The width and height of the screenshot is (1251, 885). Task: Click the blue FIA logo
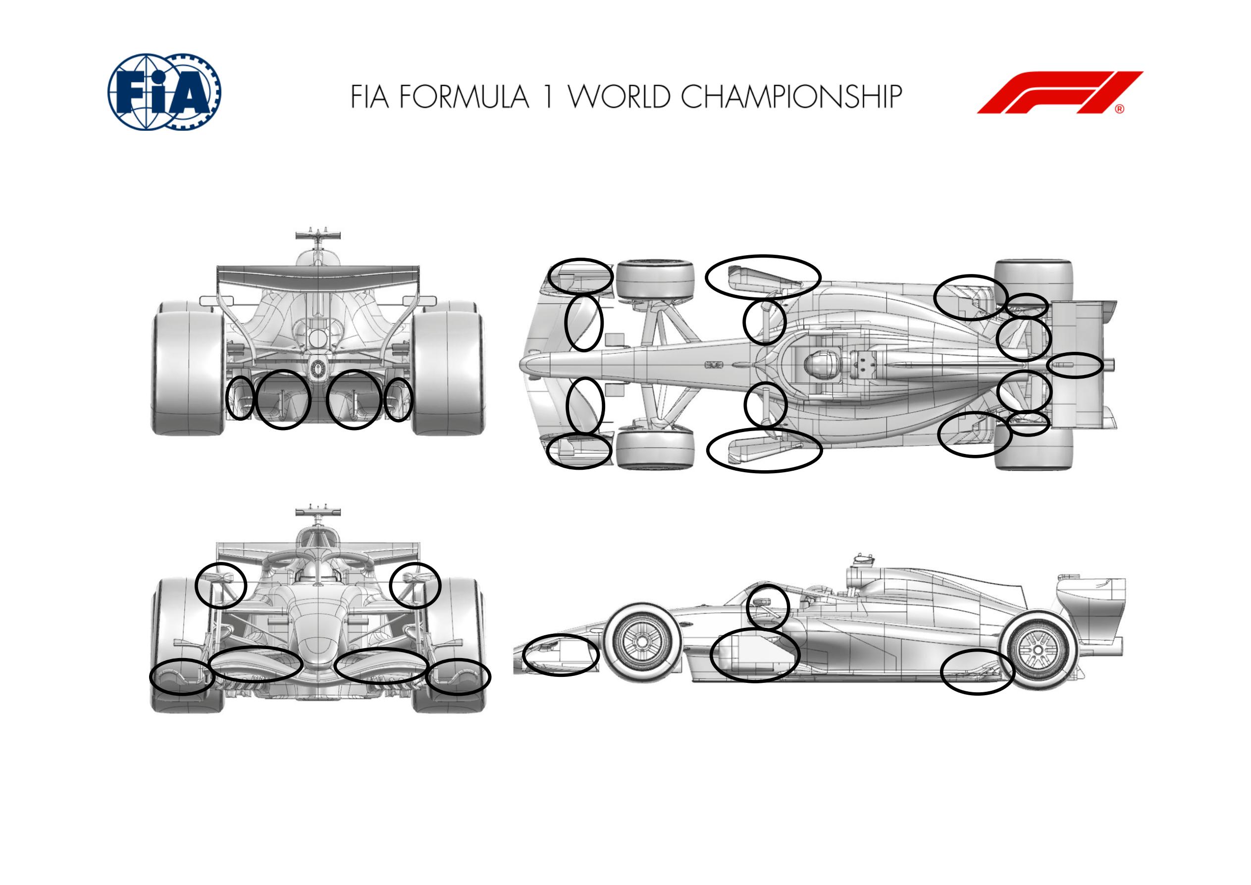[x=164, y=92]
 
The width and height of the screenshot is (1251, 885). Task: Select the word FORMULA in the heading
[x=464, y=97]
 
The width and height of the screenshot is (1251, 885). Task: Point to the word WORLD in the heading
[x=619, y=97]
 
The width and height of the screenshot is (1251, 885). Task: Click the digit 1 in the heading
[x=548, y=97]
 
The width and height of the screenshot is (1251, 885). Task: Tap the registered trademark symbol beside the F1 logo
[x=1119, y=109]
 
